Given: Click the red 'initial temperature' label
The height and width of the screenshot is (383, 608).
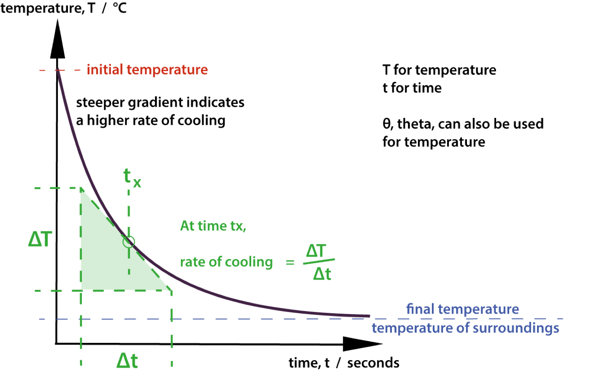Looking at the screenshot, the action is (147, 70).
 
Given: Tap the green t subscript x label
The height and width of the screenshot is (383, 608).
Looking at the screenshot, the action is (132, 178).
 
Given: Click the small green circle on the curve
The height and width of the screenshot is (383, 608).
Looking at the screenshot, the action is (129, 242).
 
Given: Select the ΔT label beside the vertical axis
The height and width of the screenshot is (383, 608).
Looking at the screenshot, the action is (40, 239).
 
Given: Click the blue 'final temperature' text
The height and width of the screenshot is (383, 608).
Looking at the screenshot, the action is (462, 309).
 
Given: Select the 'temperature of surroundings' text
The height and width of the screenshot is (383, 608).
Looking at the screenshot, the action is (465, 328).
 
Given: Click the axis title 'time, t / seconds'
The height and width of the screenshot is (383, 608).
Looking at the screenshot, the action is (344, 363).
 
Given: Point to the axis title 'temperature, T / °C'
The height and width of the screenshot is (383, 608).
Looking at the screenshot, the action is (63, 8).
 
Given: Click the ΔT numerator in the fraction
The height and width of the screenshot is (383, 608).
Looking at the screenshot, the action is (316, 251).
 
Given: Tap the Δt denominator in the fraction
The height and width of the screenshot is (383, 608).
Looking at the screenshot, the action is (322, 274).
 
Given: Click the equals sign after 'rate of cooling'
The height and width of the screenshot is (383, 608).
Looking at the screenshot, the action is (290, 263).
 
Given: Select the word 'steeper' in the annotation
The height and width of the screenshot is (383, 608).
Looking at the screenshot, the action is (100, 103).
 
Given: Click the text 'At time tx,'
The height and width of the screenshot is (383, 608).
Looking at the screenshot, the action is (213, 226).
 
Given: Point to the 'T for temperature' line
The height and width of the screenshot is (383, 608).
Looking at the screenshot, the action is (440, 70).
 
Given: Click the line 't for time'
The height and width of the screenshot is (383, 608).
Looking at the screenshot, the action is (412, 88).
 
